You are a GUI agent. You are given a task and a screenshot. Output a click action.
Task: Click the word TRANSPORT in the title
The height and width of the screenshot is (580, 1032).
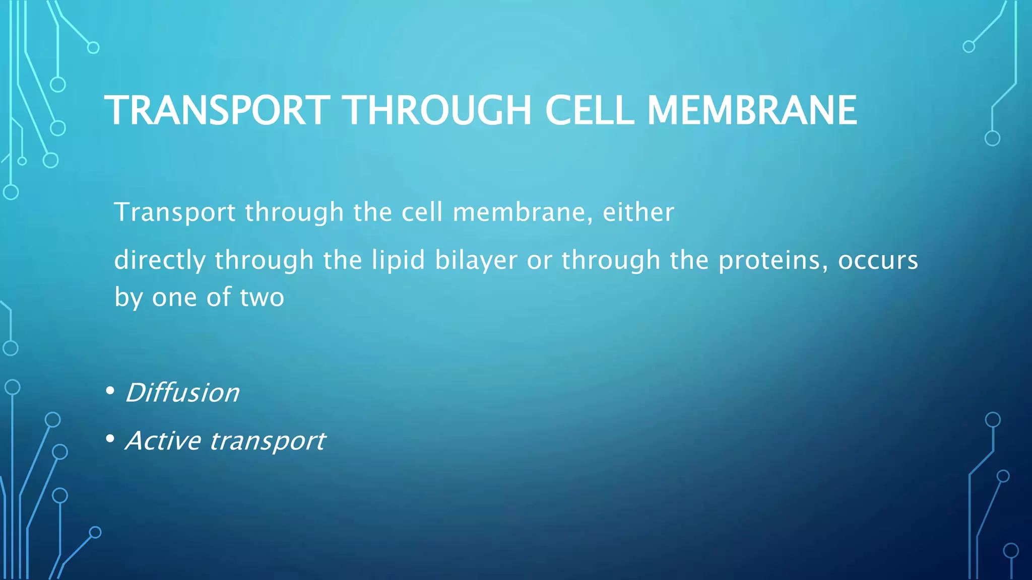tap(217, 110)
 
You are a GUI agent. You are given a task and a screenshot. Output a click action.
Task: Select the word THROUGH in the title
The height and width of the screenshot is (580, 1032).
tap(438, 110)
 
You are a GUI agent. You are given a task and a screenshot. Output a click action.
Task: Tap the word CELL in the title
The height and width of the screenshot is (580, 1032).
tap(589, 110)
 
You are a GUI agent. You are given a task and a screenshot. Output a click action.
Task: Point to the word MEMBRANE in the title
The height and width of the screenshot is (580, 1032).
tap(751, 110)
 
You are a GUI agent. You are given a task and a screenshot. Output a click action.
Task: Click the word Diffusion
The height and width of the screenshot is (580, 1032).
tap(182, 393)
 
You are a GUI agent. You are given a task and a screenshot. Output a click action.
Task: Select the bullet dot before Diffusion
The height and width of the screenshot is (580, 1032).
tap(110, 391)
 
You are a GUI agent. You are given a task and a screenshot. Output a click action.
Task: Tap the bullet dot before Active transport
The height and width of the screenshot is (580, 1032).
tap(110, 439)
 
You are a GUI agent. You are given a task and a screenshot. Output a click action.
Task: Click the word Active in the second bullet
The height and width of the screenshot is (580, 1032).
tap(163, 441)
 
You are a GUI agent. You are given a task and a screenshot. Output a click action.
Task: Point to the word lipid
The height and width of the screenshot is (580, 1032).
tap(398, 261)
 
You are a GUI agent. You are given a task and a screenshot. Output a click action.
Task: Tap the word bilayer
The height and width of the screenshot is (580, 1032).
tap(476, 261)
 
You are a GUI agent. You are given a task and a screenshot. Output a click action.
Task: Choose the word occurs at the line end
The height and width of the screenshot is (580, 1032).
tap(878, 261)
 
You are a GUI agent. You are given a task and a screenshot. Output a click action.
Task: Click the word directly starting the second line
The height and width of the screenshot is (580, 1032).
tap(160, 261)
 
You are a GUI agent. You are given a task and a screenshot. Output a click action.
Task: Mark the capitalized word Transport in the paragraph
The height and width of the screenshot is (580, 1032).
tap(175, 212)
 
